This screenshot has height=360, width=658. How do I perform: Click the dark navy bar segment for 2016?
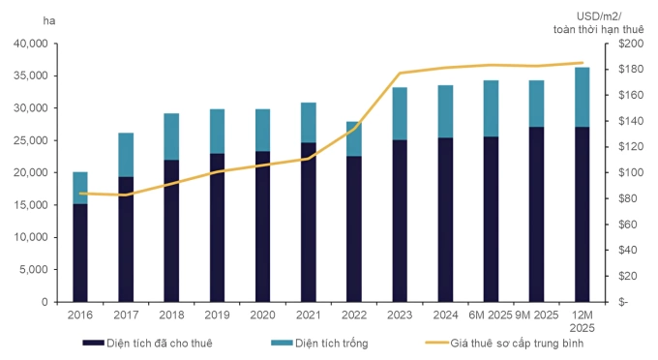[80, 253]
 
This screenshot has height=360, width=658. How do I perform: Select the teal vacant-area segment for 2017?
[126, 155]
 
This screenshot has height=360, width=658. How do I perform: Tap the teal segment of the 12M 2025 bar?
[583, 97]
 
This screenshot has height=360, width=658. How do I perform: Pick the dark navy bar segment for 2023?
[400, 221]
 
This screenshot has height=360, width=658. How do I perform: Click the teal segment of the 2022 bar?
[354, 139]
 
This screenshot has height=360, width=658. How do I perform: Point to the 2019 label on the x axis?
[217, 315]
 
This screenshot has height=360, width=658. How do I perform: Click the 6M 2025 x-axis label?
[491, 315]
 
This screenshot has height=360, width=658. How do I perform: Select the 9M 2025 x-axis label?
[537, 315]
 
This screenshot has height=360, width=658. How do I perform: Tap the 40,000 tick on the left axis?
[31, 44]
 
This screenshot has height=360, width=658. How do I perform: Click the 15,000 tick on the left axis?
[31, 205]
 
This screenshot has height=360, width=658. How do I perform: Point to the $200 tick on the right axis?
[631, 44]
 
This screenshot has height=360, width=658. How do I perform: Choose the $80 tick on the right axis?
[628, 198]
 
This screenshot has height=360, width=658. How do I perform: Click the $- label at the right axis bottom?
[623, 302]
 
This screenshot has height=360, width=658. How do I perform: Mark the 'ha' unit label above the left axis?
[49, 20]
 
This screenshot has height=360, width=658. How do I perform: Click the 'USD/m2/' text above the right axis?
[599, 16]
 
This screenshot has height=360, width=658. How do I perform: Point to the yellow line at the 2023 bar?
[400, 73]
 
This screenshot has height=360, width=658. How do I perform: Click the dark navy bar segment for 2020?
[262, 226]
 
